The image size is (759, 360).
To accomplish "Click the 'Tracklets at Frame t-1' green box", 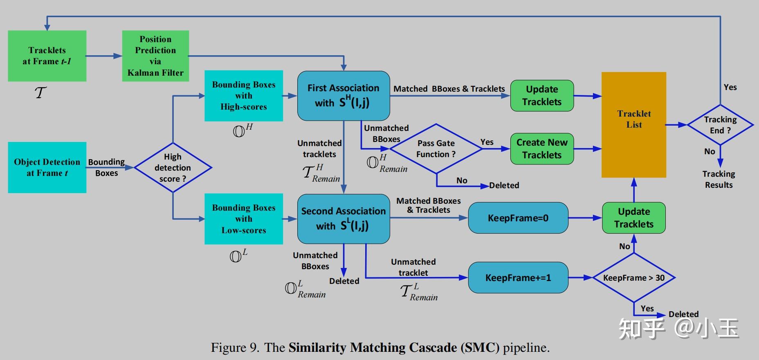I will tap(47, 56).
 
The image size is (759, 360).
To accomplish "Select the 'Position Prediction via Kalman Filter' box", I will tap(155, 56).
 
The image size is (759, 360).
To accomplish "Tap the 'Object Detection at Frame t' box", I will tap(47, 167).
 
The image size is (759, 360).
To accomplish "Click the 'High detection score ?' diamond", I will tap(173, 167).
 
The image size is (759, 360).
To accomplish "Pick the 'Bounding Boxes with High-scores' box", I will tap(243, 96).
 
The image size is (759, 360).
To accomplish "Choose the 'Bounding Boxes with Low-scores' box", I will tap(243, 219).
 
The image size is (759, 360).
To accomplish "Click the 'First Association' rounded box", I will tap(343, 96).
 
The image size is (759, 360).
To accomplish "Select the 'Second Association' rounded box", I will tap(343, 219).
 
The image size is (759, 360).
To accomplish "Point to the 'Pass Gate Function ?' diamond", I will tap(436, 149).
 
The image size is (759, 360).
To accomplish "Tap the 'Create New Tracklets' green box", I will tap(542, 148).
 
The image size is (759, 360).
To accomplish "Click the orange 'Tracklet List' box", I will tap(633, 125).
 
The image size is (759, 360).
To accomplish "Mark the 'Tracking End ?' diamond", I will tap(720, 125).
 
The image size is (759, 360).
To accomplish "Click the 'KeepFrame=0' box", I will tap(518, 218).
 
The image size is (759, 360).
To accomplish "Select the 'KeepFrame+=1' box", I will tap(518, 278).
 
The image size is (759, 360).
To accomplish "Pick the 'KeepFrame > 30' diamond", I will tap(633, 278).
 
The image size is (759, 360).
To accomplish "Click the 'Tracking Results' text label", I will tap(719, 179).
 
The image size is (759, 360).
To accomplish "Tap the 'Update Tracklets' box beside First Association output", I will tap(542, 96).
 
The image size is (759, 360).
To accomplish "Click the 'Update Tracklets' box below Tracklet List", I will tap(633, 218).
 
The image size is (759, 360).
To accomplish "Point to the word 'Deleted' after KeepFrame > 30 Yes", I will tap(683, 314).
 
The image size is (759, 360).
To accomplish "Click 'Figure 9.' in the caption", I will tap(235, 348).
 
